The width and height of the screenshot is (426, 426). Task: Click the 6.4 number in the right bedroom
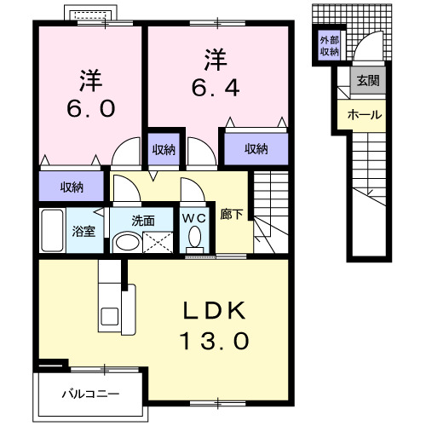[214, 88]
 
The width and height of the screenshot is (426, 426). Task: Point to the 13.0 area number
[215, 342]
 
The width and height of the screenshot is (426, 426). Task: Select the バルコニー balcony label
[89, 394]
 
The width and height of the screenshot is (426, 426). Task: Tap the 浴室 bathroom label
[83, 231]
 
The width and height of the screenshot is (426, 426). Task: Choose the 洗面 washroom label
[142, 219]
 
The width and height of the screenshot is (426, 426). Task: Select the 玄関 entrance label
[368, 82]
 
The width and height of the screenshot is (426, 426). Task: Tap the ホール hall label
[364, 114]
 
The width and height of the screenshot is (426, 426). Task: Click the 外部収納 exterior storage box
[329, 46]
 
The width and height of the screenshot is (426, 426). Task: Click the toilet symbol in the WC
[194, 239]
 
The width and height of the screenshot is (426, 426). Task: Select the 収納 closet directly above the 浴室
[72, 187]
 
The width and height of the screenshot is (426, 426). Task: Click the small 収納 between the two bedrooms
[164, 149]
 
